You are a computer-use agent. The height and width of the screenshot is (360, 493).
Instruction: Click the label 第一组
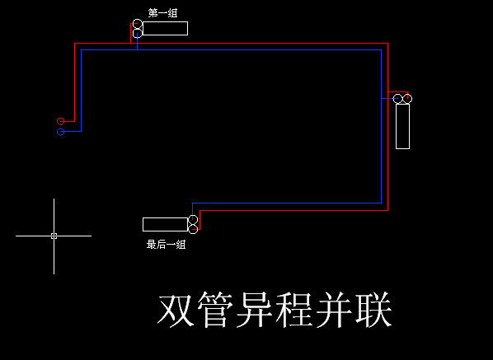tap(163, 13)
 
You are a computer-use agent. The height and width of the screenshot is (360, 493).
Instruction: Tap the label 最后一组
tap(166, 245)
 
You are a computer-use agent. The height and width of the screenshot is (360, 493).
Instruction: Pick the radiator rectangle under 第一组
tap(166, 21)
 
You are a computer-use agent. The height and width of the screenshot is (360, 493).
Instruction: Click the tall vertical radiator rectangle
tap(396, 126)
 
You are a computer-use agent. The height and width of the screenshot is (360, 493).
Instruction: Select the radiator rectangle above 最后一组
tap(166, 217)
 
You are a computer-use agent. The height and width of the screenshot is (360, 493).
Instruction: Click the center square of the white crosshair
tap(54, 236)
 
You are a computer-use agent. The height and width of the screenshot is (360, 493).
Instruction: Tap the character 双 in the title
tap(176, 311)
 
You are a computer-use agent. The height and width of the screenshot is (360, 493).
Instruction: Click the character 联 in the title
tap(374, 311)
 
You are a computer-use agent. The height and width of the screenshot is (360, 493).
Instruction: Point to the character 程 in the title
tap(293, 311)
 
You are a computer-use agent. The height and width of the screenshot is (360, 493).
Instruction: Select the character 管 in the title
tap(215, 311)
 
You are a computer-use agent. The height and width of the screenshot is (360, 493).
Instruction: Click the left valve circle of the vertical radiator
tap(397, 94)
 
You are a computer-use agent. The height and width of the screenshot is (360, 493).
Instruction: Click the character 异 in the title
tap(255, 311)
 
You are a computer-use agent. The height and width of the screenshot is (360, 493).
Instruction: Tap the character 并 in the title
tap(334, 311)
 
